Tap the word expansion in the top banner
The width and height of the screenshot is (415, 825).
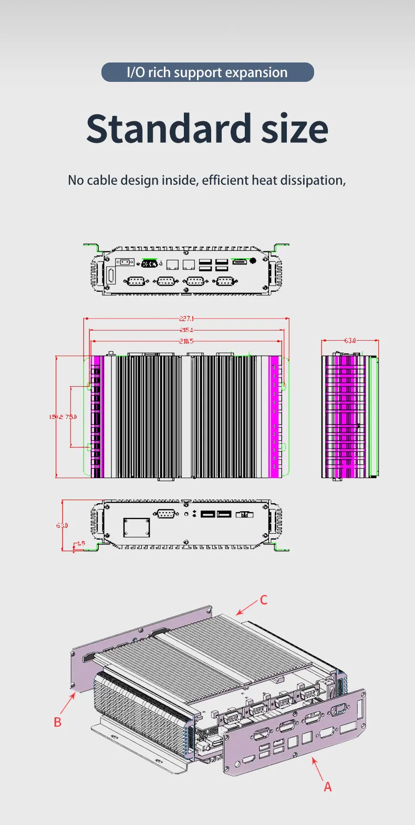(x=256, y=72)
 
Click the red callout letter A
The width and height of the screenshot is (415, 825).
(x=328, y=787)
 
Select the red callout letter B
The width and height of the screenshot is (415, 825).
(x=58, y=722)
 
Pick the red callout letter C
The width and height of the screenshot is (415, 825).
(x=264, y=600)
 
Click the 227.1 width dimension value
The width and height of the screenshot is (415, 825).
(x=186, y=319)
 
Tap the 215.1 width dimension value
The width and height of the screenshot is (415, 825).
(x=186, y=330)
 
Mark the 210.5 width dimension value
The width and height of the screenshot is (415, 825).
(x=186, y=341)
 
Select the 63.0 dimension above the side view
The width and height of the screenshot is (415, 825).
(x=350, y=341)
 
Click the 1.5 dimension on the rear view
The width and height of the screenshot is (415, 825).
(x=81, y=544)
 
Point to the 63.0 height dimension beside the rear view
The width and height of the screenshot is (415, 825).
(x=62, y=525)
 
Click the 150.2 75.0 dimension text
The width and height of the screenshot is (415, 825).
(x=63, y=417)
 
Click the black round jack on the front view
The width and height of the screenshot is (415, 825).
(x=253, y=260)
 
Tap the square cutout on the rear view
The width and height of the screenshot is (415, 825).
(x=137, y=527)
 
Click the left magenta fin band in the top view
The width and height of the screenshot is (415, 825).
(x=97, y=417)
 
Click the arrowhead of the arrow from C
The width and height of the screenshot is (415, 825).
(x=238, y=613)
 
